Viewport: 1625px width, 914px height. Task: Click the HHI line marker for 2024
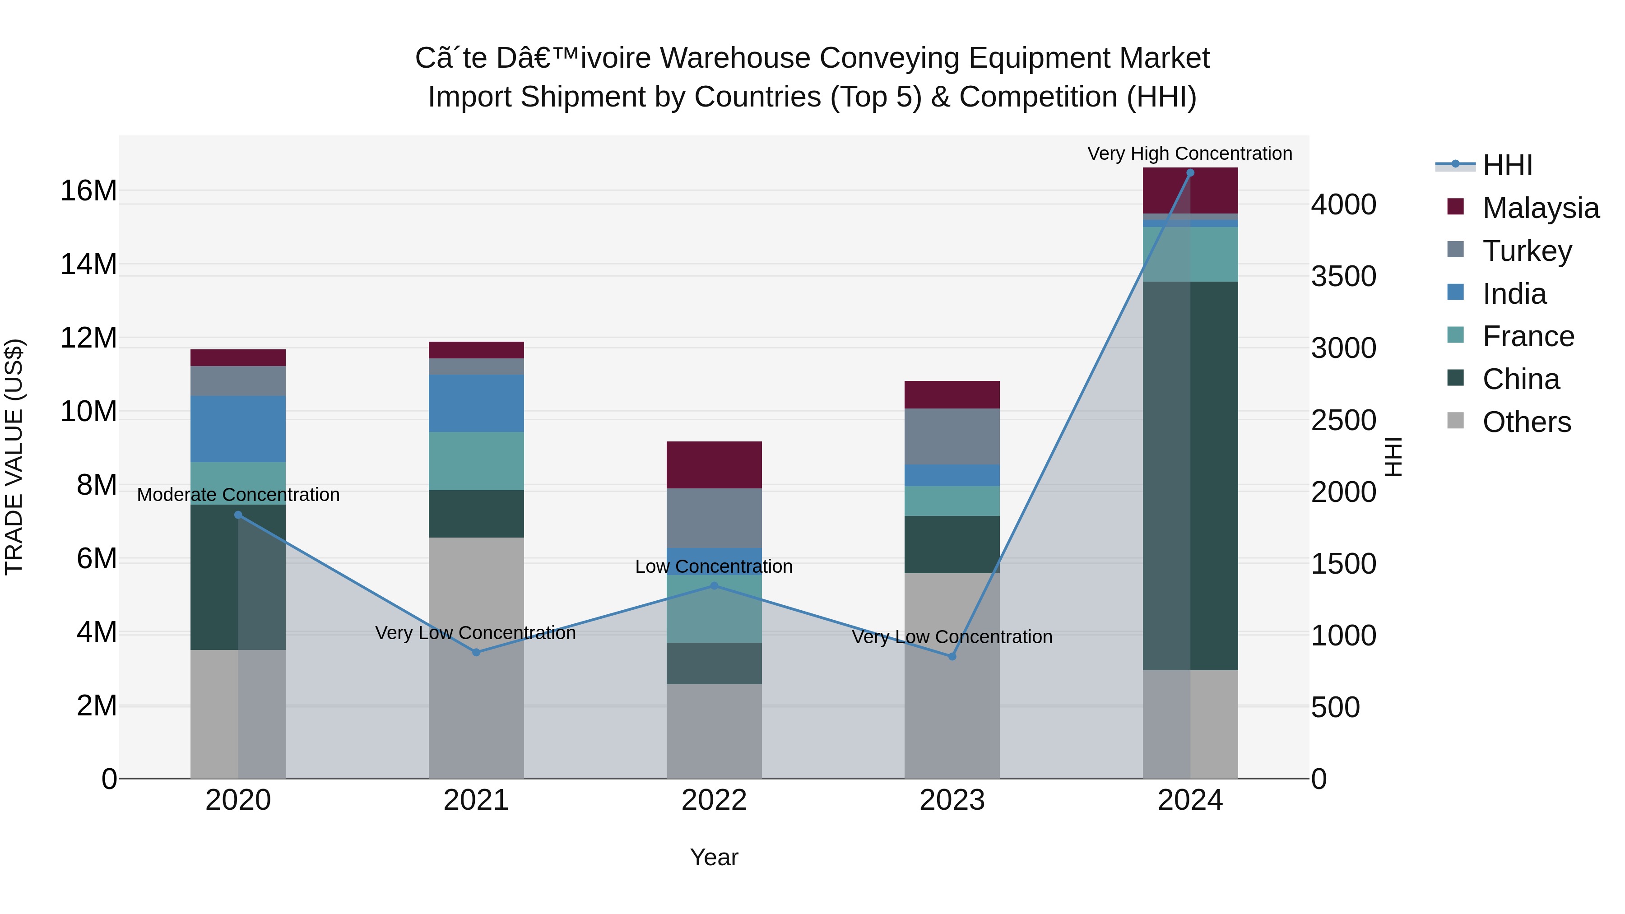point(1190,173)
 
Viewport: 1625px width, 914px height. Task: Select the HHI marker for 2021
point(476,652)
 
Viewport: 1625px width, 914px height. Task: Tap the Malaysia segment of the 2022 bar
point(714,465)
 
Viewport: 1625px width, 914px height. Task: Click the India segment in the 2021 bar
point(476,403)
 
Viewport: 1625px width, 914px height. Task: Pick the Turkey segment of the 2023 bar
point(952,436)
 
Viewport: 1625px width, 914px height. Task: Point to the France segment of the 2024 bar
point(1190,254)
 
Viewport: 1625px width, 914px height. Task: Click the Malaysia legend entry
point(1539,208)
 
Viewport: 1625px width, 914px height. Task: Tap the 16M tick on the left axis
point(88,190)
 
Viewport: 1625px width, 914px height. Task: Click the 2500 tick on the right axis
point(1344,421)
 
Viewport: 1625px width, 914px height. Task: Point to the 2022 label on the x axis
point(714,800)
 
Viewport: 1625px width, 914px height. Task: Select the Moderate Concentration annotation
point(238,495)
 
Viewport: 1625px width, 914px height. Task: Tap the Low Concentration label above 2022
point(714,566)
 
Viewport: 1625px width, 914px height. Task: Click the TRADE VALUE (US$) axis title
point(14,457)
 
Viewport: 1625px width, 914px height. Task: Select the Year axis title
point(714,857)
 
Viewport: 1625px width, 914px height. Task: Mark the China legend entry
point(1520,379)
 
